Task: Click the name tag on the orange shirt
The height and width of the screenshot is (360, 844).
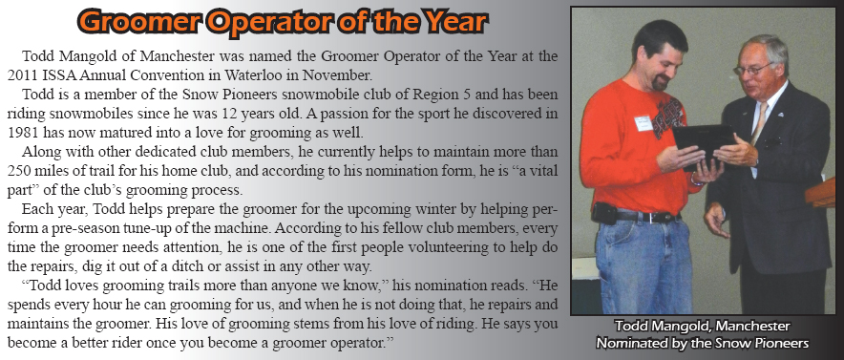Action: (644, 123)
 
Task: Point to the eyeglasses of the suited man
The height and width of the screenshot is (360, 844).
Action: (752, 69)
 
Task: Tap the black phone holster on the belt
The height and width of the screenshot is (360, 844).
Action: (604, 213)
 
